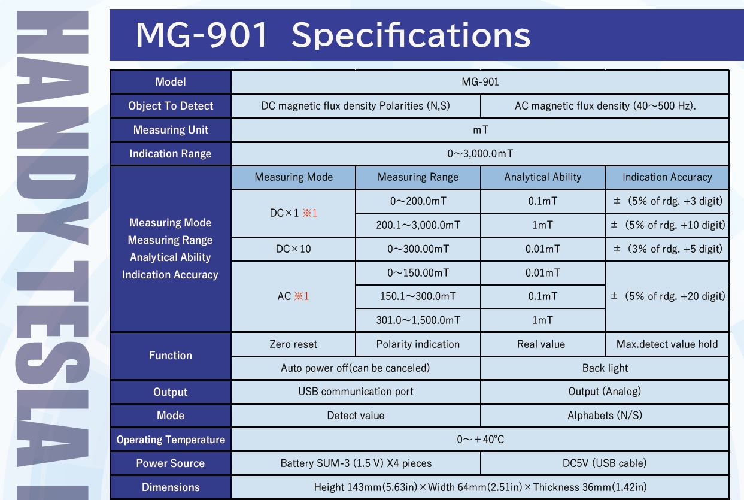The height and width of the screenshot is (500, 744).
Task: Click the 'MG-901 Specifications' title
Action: coord(333,35)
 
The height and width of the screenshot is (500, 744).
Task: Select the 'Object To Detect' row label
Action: coord(171,105)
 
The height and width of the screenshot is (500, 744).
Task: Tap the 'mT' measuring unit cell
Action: coord(480,129)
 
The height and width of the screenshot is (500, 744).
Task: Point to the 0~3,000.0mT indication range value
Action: coord(480,153)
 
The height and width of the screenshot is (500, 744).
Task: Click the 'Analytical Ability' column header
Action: coord(543,177)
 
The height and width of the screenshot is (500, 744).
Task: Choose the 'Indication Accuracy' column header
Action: coord(667,177)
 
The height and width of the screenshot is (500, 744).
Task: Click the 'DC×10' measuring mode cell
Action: coord(293,249)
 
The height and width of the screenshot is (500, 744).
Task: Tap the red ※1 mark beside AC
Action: coord(302,296)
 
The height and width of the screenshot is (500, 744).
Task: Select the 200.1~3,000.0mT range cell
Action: coord(418,225)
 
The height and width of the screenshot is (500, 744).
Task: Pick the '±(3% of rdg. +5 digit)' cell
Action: coord(667,249)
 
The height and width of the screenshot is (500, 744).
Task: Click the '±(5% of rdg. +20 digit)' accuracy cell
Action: coord(667,296)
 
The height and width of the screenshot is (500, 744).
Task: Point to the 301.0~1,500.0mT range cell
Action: coord(418,320)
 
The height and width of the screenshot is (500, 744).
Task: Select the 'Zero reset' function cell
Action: coord(293,344)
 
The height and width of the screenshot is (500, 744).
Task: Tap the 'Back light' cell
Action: coord(605,368)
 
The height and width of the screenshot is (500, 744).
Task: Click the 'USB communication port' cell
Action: coord(356,392)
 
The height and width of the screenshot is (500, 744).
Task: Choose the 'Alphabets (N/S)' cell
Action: coord(605,416)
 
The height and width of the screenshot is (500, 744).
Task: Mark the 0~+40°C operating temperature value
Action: coord(480,439)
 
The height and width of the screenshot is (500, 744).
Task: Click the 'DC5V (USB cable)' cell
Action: coord(605,463)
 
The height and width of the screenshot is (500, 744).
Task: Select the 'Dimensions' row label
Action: coord(171,487)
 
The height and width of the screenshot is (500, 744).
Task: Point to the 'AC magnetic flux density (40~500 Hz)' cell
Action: coord(605,105)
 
